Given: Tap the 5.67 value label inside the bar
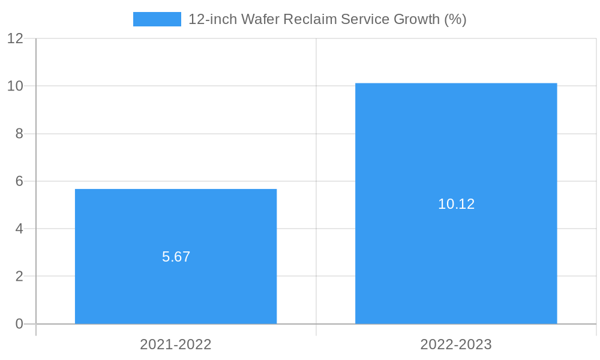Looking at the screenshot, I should tap(176, 257).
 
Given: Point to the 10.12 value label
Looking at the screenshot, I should tap(456, 204).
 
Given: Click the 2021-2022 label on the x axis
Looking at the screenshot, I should tap(176, 344).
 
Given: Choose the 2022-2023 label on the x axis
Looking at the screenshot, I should tap(456, 344).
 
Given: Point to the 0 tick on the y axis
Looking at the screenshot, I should tap(19, 324).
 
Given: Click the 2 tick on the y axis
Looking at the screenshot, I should tap(19, 277).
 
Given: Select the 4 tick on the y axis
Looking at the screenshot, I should tap(19, 229).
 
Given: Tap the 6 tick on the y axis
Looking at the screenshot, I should tap(19, 181).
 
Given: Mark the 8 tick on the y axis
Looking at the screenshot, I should tap(19, 134).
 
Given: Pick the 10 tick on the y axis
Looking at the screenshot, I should tap(15, 86).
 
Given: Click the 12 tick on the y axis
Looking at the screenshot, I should tap(15, 38).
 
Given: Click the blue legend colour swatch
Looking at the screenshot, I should tap(157, 19).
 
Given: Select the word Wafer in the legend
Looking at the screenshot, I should tap(260, 19).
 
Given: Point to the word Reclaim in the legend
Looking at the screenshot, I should tap(310, 19).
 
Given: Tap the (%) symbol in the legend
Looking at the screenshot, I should tap(455, 19).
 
